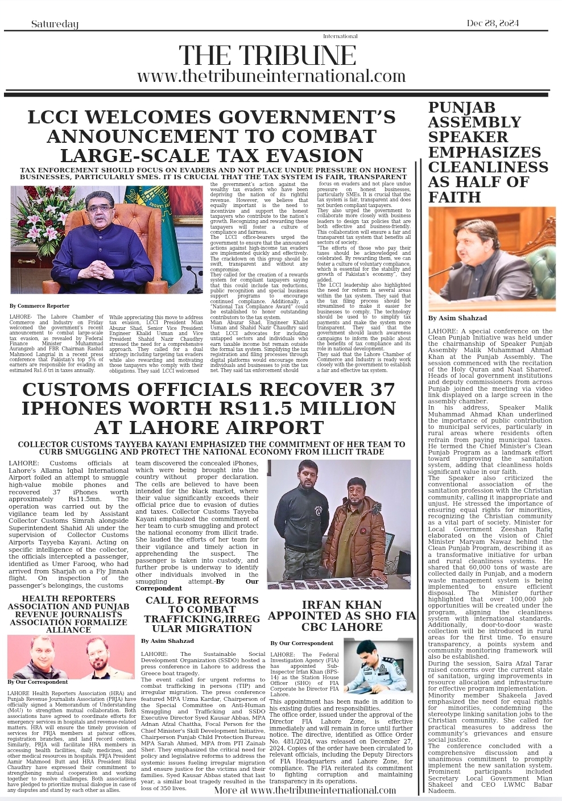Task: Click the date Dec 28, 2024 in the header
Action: pyautogui.click(x=493, y=23)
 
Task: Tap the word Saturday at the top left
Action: pyautogui.click(x=55, y=24)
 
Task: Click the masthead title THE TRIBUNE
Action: pyautogui.click(x=267, y=56)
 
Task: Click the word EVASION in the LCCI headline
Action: pyautogui.click(x=314, y=155)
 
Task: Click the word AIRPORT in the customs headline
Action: pyautogui.click(x=258, y=427)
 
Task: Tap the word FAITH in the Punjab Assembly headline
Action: pyautogui.click(x=454, y=197)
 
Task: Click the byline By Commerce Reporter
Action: pyautogui.click(x=39, y=306)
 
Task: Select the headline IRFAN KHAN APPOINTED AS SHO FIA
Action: pyautogui.click(x=341, y=616)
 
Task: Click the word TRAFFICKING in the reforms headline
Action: pyautogui.click(x=178, y=619)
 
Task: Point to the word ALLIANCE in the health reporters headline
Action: pyautogui.click(x=68, y=630)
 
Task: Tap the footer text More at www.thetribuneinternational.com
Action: pyautogui.click(x=305, y=790)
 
